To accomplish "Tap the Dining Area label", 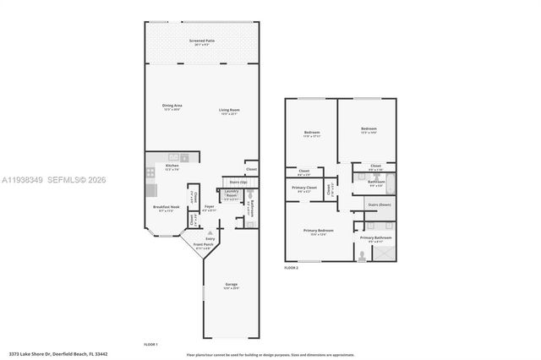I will [172, 106].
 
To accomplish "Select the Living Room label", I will [229, 111].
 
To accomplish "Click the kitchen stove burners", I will [151, 173].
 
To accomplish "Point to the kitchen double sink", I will [175, 157].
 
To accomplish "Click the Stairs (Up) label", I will [238, 182].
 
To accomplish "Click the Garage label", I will [231, 286].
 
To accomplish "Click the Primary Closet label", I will [304, 188].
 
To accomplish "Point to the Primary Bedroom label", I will [319, 232].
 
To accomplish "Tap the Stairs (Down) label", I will [378, 205].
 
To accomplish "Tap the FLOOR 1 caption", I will [150, 344].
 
